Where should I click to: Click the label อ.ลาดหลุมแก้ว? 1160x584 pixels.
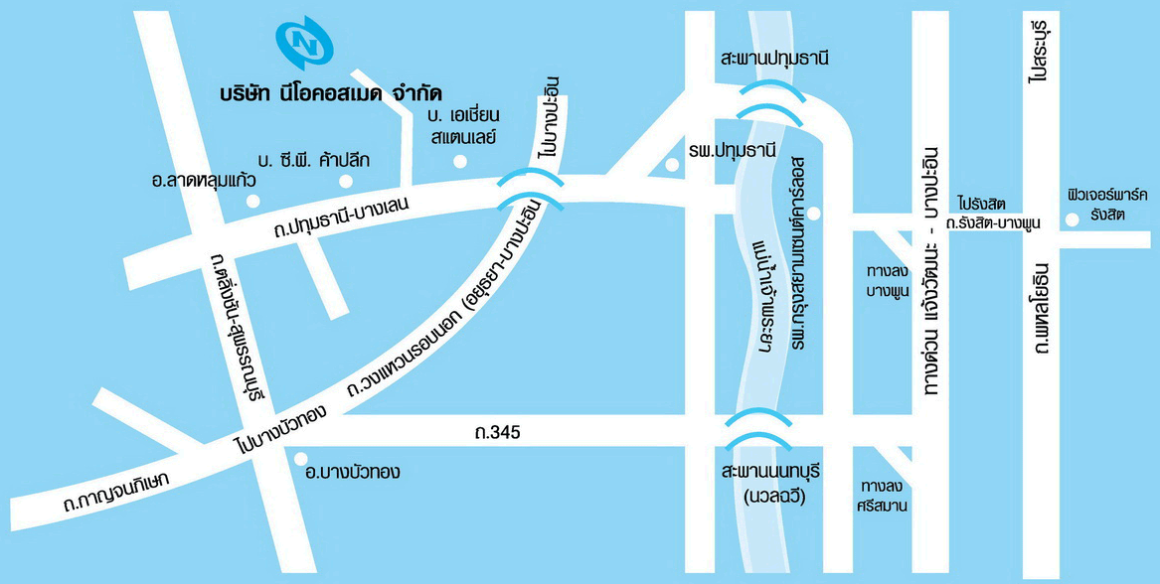click(204, 181)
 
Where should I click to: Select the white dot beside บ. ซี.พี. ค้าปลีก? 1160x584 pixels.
click(346, 181)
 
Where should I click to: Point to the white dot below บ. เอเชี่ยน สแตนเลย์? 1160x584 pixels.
click(459, 161)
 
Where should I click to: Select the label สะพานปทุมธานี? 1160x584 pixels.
click(775, 59)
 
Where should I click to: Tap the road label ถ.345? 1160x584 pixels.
click(498, 433)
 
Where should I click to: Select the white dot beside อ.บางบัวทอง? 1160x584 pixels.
click(302, 459)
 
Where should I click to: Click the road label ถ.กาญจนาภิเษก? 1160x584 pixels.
click(114, 492)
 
